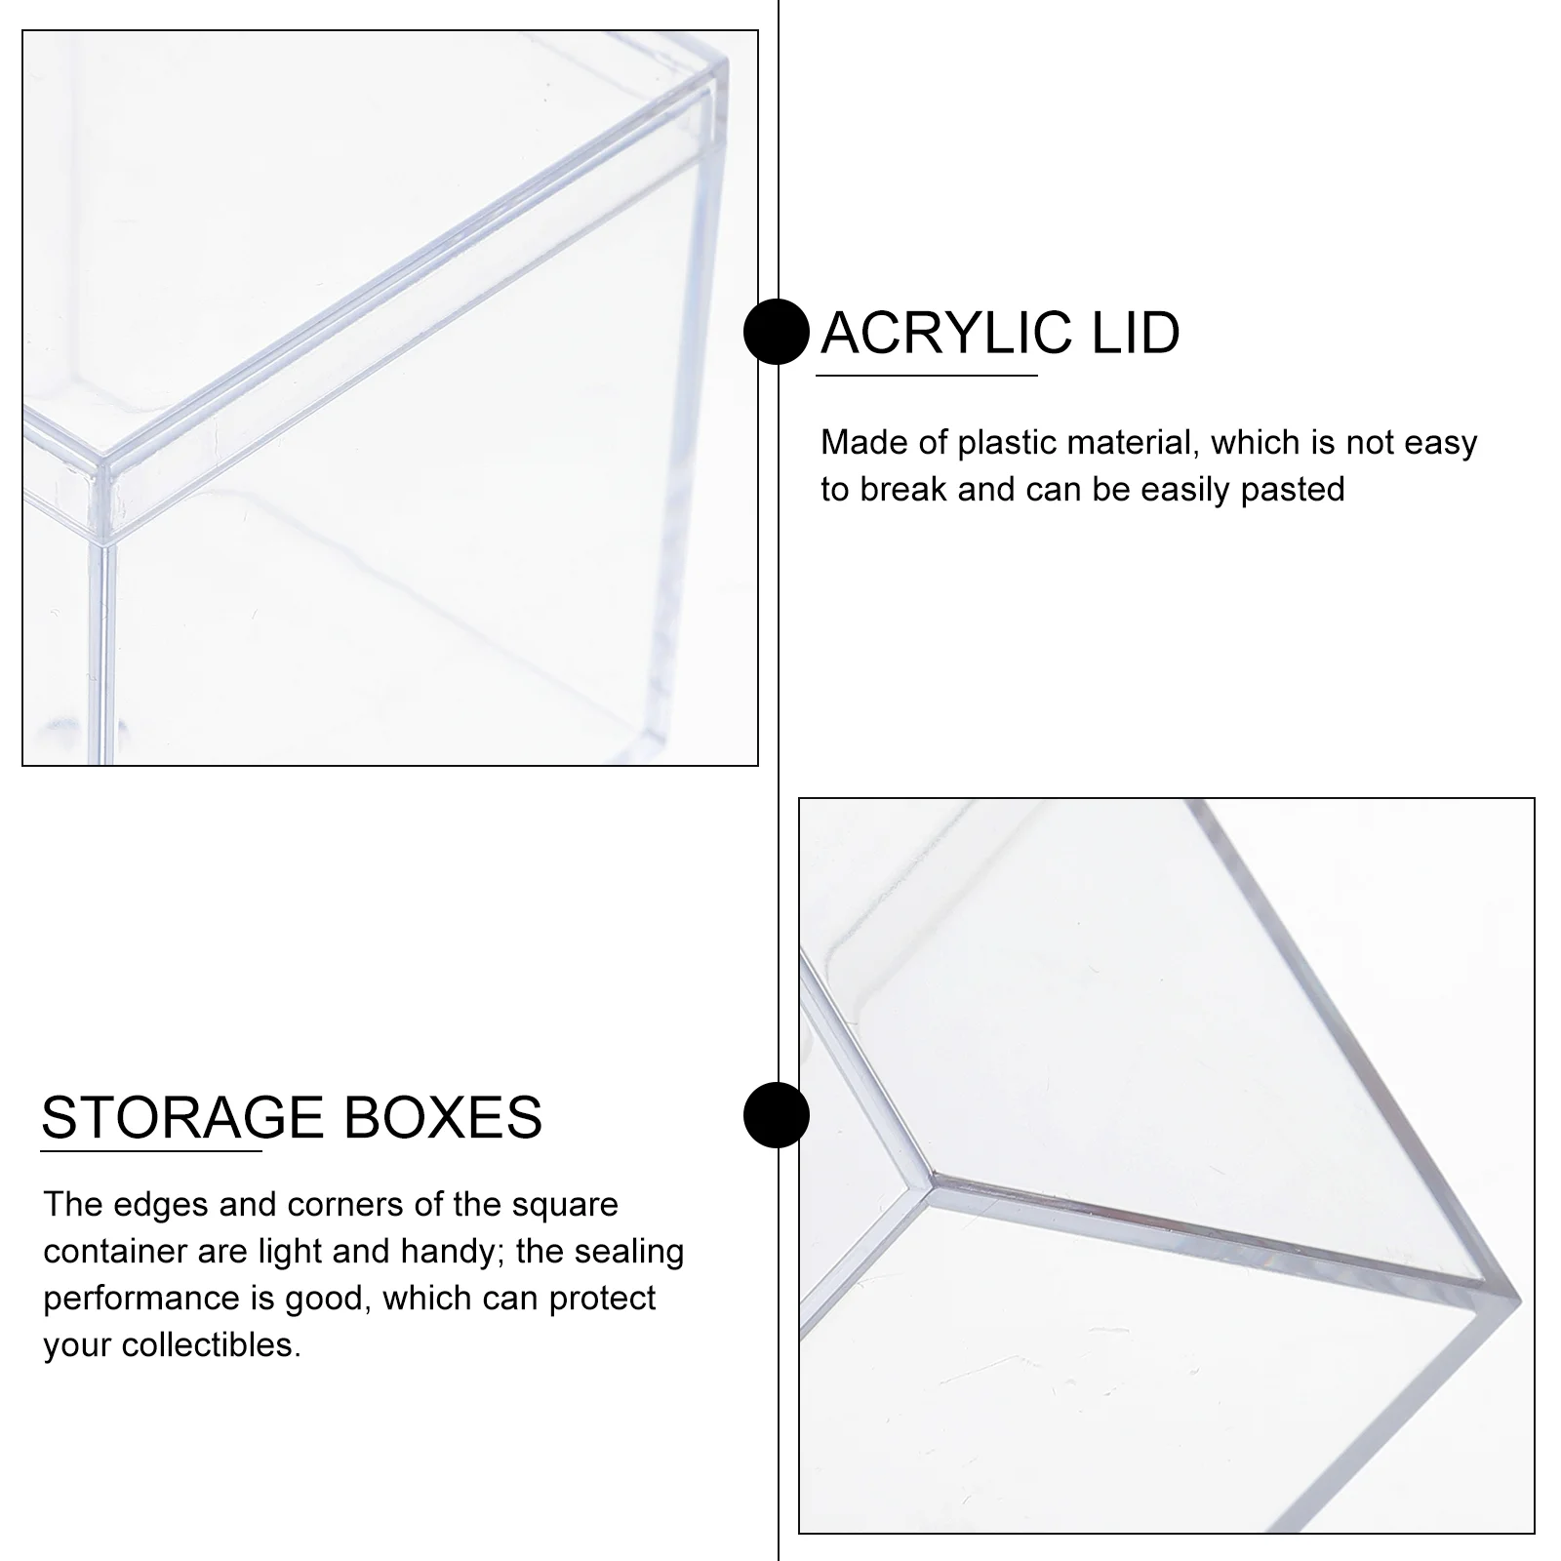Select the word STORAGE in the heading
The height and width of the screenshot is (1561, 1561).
(x=182, y=1117)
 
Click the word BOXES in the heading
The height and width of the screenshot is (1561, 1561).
(x=443, y=1117)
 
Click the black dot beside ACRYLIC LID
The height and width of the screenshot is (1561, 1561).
(x=777, y=332)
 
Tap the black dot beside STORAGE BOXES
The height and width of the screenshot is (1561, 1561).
(x=777, y=1114)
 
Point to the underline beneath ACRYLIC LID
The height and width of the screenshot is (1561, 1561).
(x=929, y=375)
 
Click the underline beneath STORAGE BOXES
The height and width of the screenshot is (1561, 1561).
(x=151, y=1151)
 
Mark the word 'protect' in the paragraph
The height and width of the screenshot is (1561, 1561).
(x=602, y=1300)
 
